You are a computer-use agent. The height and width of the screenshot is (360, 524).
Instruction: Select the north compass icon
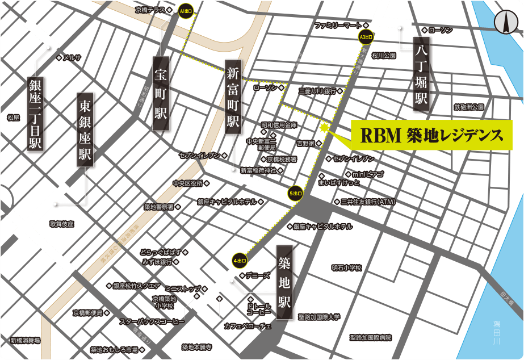click(504, 22)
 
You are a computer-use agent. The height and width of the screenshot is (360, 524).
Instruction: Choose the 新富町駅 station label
click(233, 98)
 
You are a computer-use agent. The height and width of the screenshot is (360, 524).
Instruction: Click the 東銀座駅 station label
click(85, 131)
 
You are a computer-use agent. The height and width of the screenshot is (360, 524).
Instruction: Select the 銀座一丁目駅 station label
click(36, 114)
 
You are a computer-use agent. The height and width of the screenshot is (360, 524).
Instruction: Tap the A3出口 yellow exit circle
click(366, 37)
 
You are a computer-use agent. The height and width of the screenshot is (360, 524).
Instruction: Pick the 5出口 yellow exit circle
click(296, 192)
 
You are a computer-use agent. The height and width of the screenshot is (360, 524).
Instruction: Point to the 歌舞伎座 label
click(61, 224)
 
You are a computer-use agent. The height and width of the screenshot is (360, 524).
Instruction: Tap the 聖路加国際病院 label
click(371, 337)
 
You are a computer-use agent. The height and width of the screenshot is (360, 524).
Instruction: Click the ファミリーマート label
click(338, 26)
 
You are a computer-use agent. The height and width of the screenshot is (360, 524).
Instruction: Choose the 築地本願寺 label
click(196, 347)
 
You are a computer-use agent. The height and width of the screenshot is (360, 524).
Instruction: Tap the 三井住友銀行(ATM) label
click(368, 202)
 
